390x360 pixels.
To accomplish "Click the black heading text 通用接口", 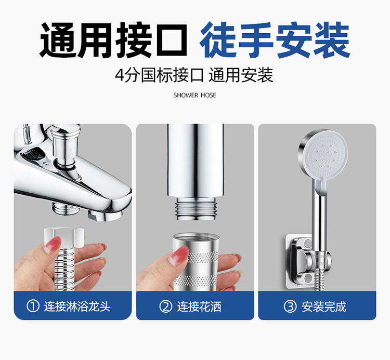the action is click(x=113, y=40).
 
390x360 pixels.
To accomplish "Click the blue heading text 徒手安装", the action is click(x=275, y=40).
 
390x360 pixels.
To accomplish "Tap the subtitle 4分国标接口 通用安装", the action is click(x=194, y=75).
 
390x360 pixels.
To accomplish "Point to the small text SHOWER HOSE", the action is click(x=195, y=95).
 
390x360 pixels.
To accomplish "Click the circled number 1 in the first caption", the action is click(x=33, y=306).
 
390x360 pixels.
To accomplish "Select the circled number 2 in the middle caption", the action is click(x=166, y=306).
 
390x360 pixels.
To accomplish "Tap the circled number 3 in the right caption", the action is click(x=290, y=306).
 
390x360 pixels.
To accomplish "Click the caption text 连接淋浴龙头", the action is click(x=77, y=306).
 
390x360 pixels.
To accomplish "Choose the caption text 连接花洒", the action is click(x=199, y=306).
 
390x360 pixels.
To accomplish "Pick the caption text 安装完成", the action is click(x=324, y=306).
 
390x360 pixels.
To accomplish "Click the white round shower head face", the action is click(x=326, y=156).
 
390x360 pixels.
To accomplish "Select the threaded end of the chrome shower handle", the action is click(x=196, y=208).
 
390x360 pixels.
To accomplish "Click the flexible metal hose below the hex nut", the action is click(x=64, y=270).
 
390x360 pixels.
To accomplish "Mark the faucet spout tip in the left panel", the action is click(x=105, y=215).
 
